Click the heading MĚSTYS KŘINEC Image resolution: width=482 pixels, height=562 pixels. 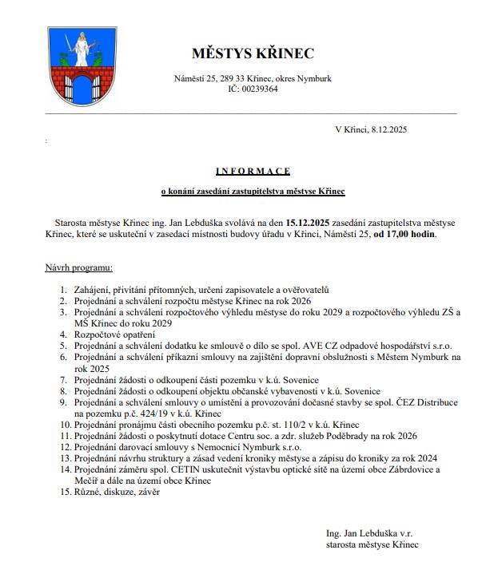(253, 54)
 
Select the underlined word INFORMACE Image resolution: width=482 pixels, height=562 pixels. (253, 171)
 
